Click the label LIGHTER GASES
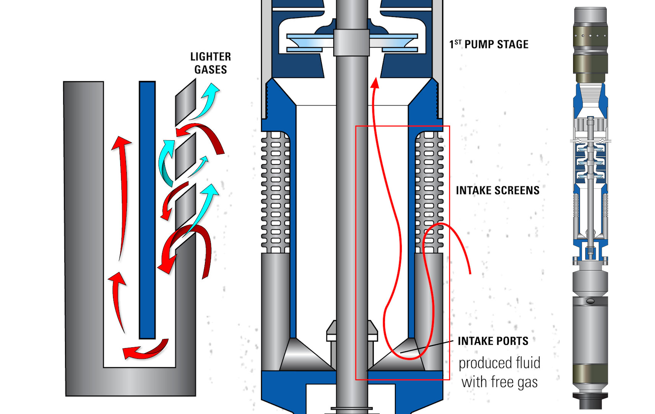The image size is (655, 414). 210,63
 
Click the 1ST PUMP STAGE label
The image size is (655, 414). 489,44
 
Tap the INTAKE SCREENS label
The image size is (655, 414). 497,191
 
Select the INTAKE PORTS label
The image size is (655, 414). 493,341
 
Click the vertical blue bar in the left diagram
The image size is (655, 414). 147,211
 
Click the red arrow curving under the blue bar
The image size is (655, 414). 146,350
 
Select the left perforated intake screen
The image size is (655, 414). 275,192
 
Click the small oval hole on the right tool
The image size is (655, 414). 590,301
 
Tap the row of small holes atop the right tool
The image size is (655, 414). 590,36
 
